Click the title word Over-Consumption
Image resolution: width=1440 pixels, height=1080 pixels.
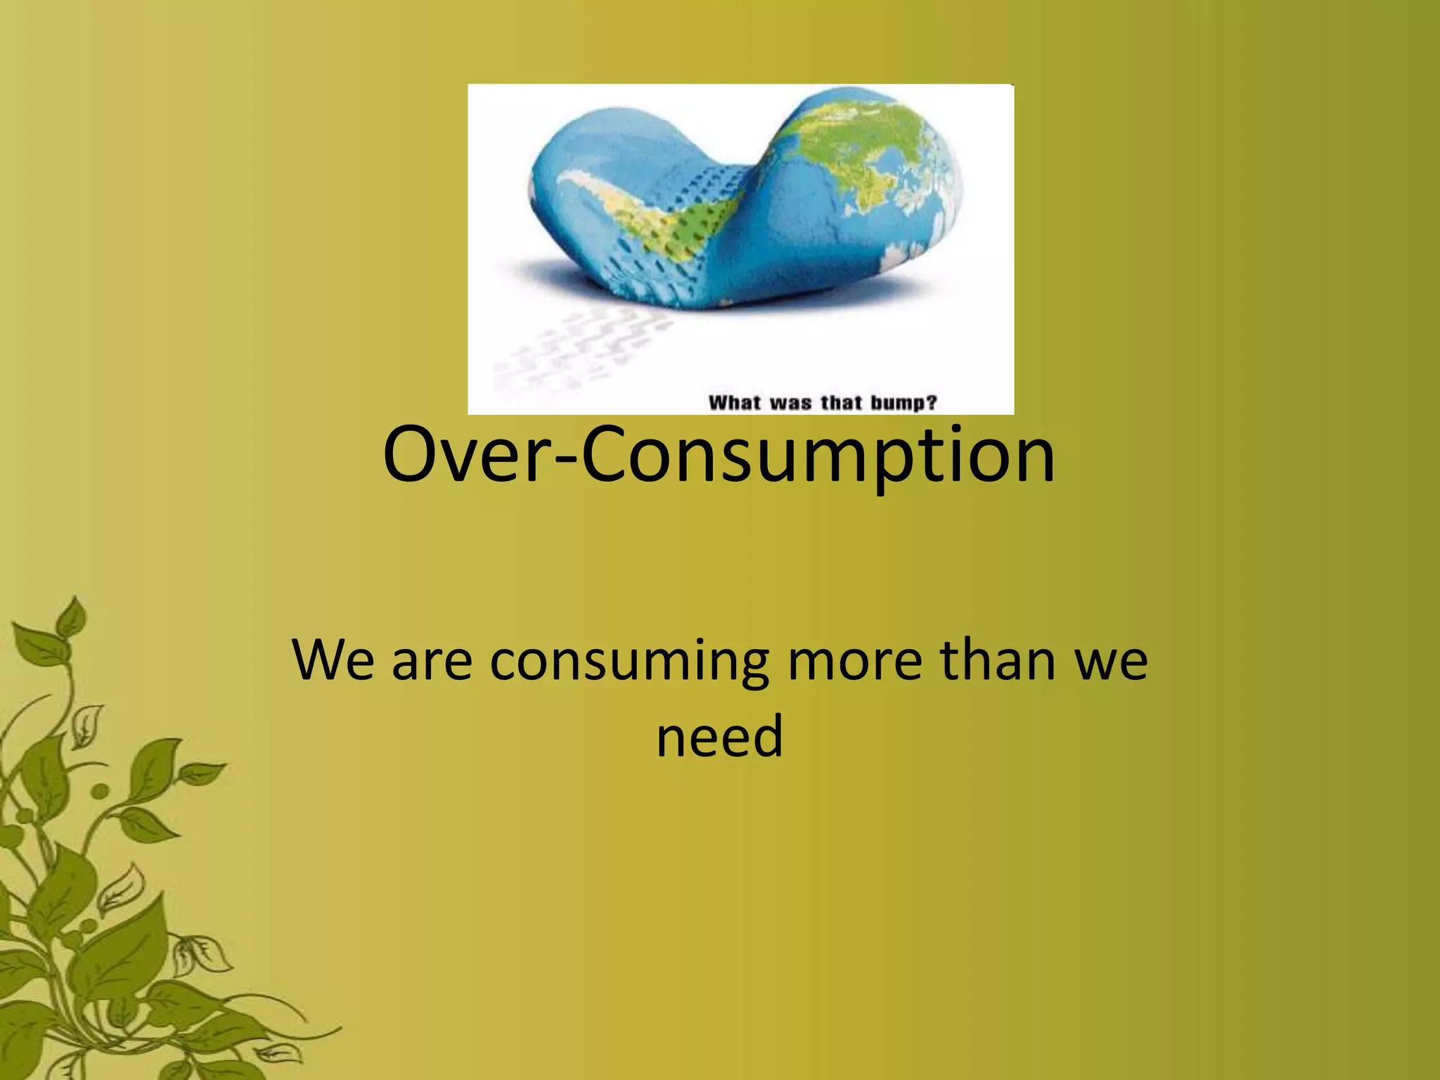(719, 455)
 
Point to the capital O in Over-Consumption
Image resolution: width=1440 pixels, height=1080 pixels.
(415, 455)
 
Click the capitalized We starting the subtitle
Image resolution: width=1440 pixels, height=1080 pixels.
(333, 661)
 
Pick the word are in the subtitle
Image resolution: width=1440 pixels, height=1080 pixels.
(432, 665)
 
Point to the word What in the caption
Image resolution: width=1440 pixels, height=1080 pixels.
(735, 403)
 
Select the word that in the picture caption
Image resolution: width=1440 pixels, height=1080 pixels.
(841, 403)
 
